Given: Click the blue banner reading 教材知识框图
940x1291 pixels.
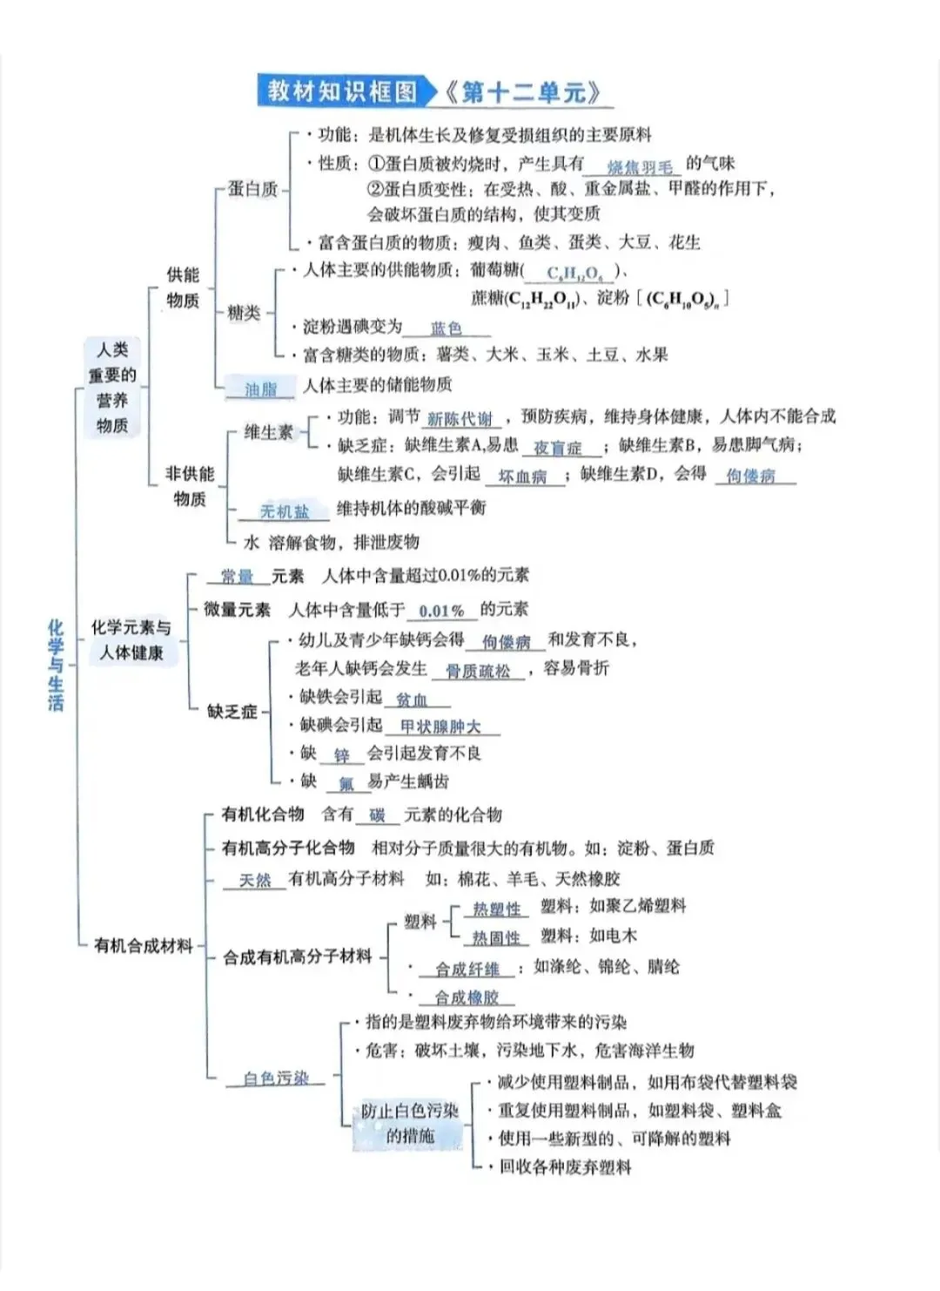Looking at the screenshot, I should click(343, 91).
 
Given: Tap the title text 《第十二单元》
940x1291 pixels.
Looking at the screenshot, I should click(523, 92).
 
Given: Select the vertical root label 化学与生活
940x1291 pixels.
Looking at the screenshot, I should click(56, 665).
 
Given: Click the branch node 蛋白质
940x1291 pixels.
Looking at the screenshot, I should click(252, 189).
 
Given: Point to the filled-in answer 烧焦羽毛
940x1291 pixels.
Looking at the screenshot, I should click(640, 166).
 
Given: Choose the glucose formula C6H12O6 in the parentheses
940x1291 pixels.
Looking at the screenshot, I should click(573, 274).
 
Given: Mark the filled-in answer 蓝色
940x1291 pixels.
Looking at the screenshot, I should click(446, 328).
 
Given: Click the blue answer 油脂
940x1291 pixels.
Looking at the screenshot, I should click(260, 389).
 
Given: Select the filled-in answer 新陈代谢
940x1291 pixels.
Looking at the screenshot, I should click(460, 419).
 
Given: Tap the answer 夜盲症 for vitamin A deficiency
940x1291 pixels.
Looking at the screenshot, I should click(557, 448).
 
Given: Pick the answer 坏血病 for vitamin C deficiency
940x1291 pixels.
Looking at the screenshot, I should click(522, 477).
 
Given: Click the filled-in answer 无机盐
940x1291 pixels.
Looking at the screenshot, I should click(284, 512).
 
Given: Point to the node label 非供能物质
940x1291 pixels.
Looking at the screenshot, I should click(190, 486).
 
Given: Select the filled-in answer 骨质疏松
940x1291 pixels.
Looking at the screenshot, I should click(478, 671).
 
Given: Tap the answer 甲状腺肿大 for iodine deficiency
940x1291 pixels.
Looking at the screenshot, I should click(440, 727).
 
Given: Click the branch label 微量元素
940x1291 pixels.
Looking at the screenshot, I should click(237, 610).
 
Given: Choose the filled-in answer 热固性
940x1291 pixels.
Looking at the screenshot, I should click(496, 938).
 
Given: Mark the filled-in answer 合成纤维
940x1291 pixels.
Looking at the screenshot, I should click(467, 970).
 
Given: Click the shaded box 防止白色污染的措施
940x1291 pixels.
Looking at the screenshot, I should click(410, 1123).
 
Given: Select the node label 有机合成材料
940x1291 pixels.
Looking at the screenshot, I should click(143, 945).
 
